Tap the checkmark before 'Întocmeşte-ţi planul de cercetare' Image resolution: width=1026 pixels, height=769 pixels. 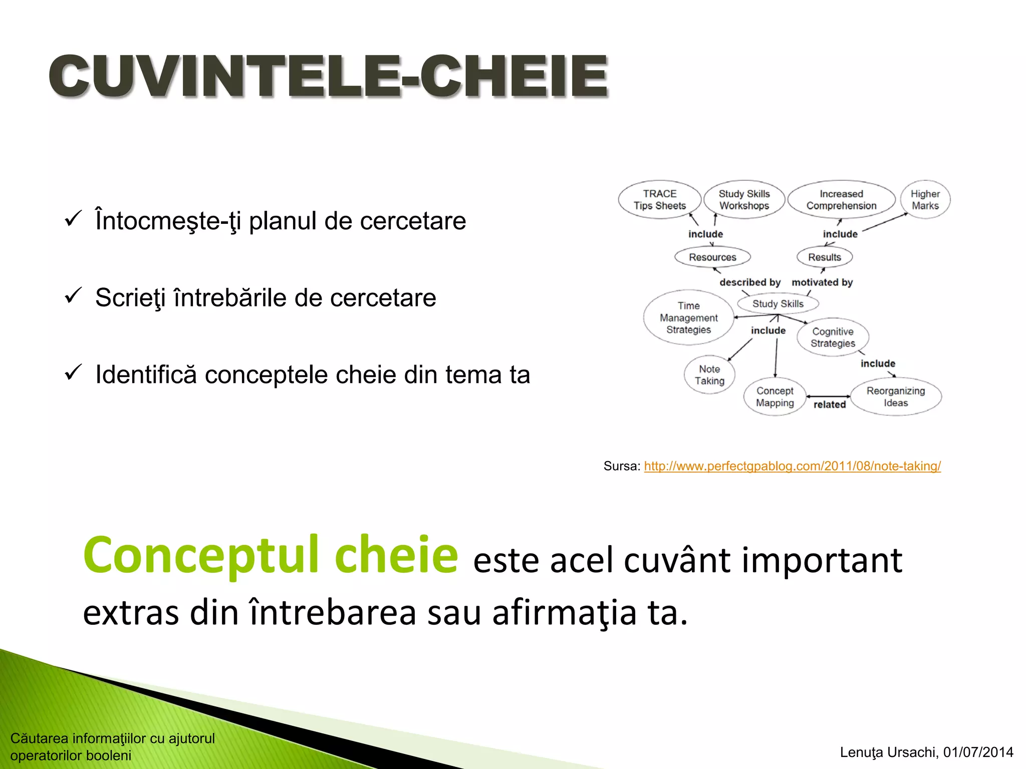coord(73,219)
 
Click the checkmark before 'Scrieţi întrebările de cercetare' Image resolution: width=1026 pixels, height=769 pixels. coord(73,296)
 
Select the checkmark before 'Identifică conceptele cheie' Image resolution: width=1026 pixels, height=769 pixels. coord(73,372)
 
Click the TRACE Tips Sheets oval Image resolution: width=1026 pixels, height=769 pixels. coord(659,200)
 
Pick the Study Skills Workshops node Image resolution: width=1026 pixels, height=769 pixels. coord(744,200)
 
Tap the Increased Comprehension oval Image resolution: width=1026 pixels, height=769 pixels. coord(841,200)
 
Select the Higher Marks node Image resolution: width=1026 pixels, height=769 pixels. coord(925,200)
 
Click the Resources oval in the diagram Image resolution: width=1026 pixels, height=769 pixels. coord(712,257)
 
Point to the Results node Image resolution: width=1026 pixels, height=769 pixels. coord(824,257)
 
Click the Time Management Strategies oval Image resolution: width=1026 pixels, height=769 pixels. coord(688,318)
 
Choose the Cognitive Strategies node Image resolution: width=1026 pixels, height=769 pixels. coord(833,337)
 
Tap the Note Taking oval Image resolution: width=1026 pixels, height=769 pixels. coord(709,375)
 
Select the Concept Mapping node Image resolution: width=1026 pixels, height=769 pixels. coord(775,397)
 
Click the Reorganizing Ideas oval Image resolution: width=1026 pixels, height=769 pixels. coord(896,397)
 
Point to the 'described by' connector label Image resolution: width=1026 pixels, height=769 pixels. coord(750,282)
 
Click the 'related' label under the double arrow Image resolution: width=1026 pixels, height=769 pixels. coord(829,405)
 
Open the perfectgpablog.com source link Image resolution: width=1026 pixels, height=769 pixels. coord(792,466)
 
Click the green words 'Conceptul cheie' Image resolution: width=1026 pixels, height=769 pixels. coord(271,555)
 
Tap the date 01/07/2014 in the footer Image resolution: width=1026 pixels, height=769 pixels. coord(978,752)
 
